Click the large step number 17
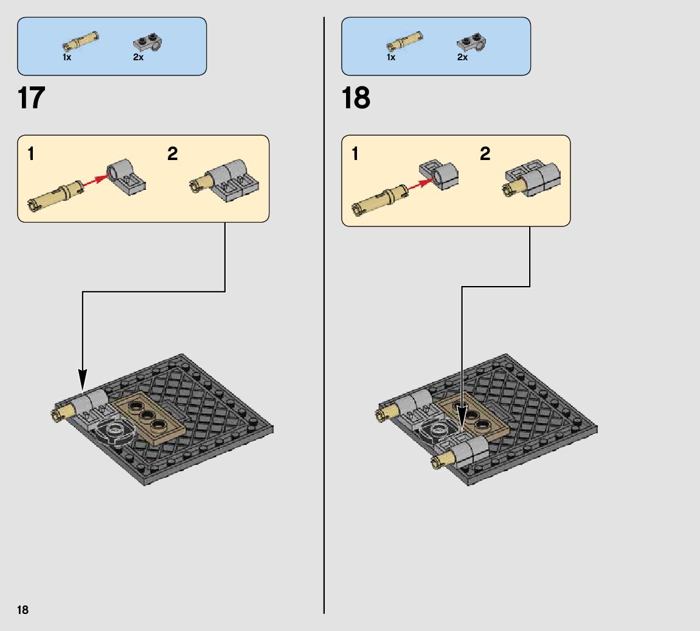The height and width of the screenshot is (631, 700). (32, 98)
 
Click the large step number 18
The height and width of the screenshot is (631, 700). (356, 98)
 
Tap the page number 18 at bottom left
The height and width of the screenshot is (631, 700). (23, 610)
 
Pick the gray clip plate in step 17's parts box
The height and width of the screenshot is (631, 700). (147, 43)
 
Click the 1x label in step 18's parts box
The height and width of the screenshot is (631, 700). (390, 57)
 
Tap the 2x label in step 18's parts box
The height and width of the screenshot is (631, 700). (462, 57)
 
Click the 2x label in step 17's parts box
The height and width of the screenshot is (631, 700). (138, 57)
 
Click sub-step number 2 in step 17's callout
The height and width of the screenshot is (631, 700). (173, 154)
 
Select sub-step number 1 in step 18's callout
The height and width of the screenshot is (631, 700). (355, 154)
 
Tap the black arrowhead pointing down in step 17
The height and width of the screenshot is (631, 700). (83, 380)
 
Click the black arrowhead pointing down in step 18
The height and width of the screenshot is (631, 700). (462, 420)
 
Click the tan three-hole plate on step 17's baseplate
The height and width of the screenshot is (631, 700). (150, 420)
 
